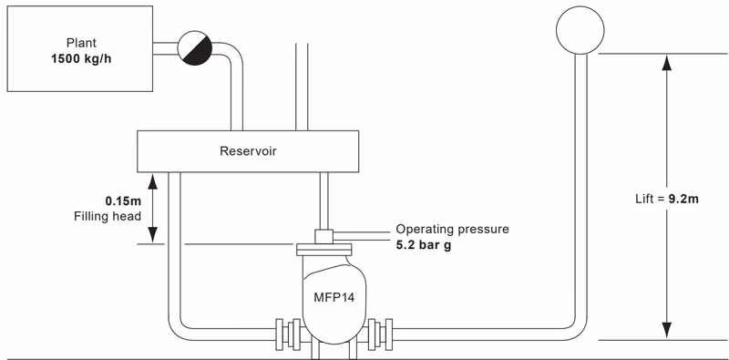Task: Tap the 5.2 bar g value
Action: tap(423, 245)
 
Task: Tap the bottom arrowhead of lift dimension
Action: tap(667, 332)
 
